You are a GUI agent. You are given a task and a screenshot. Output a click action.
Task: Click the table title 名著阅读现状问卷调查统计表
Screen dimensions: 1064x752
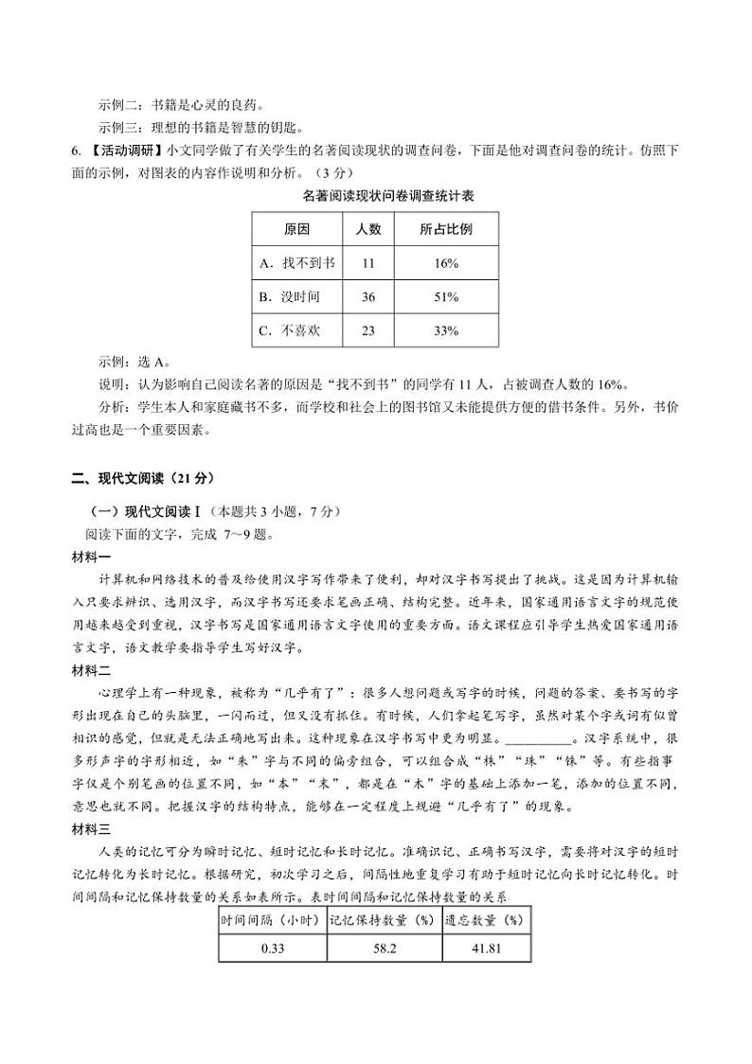[x=375, y=197]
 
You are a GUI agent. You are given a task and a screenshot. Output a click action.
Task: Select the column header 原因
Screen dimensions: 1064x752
[x=296, y=230]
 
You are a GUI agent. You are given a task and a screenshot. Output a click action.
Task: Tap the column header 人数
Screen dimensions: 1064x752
[x=368, y=230]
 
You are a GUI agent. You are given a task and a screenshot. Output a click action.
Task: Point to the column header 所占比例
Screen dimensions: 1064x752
[x=445, y=230]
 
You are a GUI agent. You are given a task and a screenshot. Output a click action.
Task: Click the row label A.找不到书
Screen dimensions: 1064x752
[x=296, y=263]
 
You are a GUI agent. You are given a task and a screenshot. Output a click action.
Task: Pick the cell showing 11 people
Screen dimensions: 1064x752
[x=368, y=263]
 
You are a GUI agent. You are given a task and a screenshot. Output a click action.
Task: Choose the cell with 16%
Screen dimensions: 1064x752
[x=445, y=263]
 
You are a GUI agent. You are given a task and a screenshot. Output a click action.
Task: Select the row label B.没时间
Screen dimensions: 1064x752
[x=290, y=297]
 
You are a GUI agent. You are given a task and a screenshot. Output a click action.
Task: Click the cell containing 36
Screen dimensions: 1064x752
[x=368, y=297]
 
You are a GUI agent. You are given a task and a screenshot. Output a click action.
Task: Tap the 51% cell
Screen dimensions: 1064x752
[x=445, y=297]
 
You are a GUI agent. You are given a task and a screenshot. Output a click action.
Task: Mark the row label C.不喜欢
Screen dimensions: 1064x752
[x=290, y=331]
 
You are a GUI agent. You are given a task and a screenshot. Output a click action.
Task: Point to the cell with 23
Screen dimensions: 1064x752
[x=368, y=331]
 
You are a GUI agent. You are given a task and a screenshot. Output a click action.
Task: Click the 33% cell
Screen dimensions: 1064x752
[x=445, y=331]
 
